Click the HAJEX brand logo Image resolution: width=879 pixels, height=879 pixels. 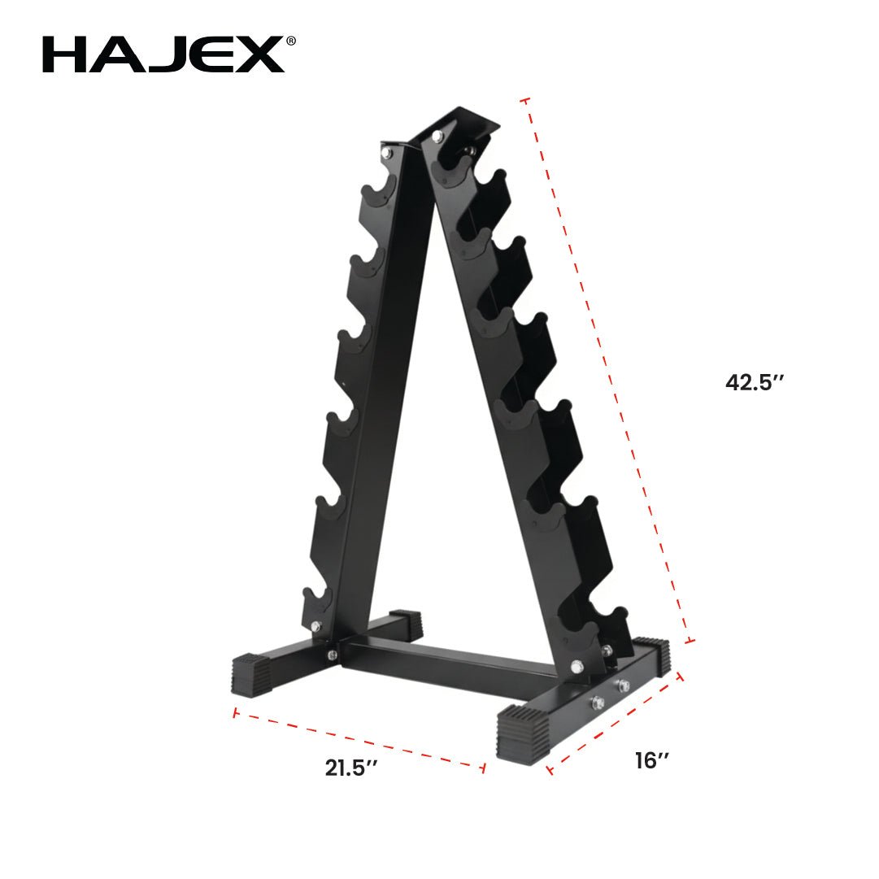[163, 54]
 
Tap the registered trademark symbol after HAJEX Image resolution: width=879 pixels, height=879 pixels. [290, 41]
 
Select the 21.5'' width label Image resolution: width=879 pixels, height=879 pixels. [351, 768]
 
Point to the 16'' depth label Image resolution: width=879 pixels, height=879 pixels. [652, 761]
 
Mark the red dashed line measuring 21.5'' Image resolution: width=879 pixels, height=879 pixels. [359, 739]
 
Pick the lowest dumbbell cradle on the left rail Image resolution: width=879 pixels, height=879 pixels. [318, 599]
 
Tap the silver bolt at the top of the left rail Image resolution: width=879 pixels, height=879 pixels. [388, 151]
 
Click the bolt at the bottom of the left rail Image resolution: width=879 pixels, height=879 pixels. [315, 625]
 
